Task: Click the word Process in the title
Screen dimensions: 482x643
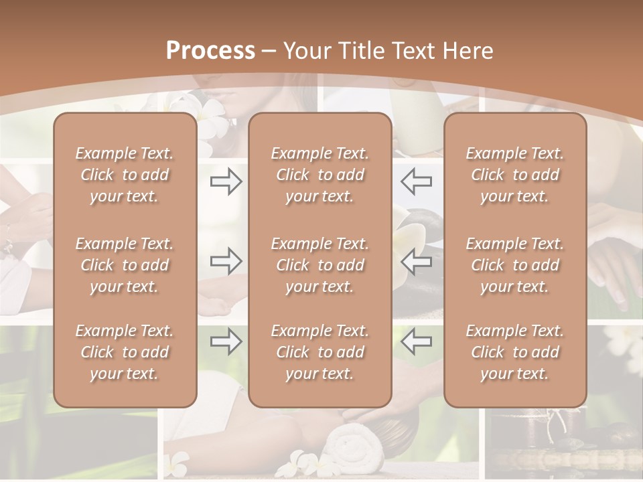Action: (210, 51)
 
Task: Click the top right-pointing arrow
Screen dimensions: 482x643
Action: (226, 181)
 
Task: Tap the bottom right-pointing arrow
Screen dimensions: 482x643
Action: (226, 341)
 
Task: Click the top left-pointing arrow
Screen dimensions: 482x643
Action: (417, 181)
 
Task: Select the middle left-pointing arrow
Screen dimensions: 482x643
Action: (417, 260)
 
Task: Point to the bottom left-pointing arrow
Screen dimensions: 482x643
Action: (417, 341)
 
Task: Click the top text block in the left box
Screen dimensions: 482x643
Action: (125, 175)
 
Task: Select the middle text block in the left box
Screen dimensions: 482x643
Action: (125, 265)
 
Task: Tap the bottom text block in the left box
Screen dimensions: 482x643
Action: (125, 352)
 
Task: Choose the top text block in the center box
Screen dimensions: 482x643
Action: (319, 175)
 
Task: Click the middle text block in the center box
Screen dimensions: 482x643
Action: (319, 265)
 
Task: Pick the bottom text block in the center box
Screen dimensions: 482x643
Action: (319, 352)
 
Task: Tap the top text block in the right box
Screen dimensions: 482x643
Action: (514, 175)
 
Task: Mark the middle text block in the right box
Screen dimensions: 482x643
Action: (514, 265)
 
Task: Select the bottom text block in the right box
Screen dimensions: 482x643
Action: (514, 352)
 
